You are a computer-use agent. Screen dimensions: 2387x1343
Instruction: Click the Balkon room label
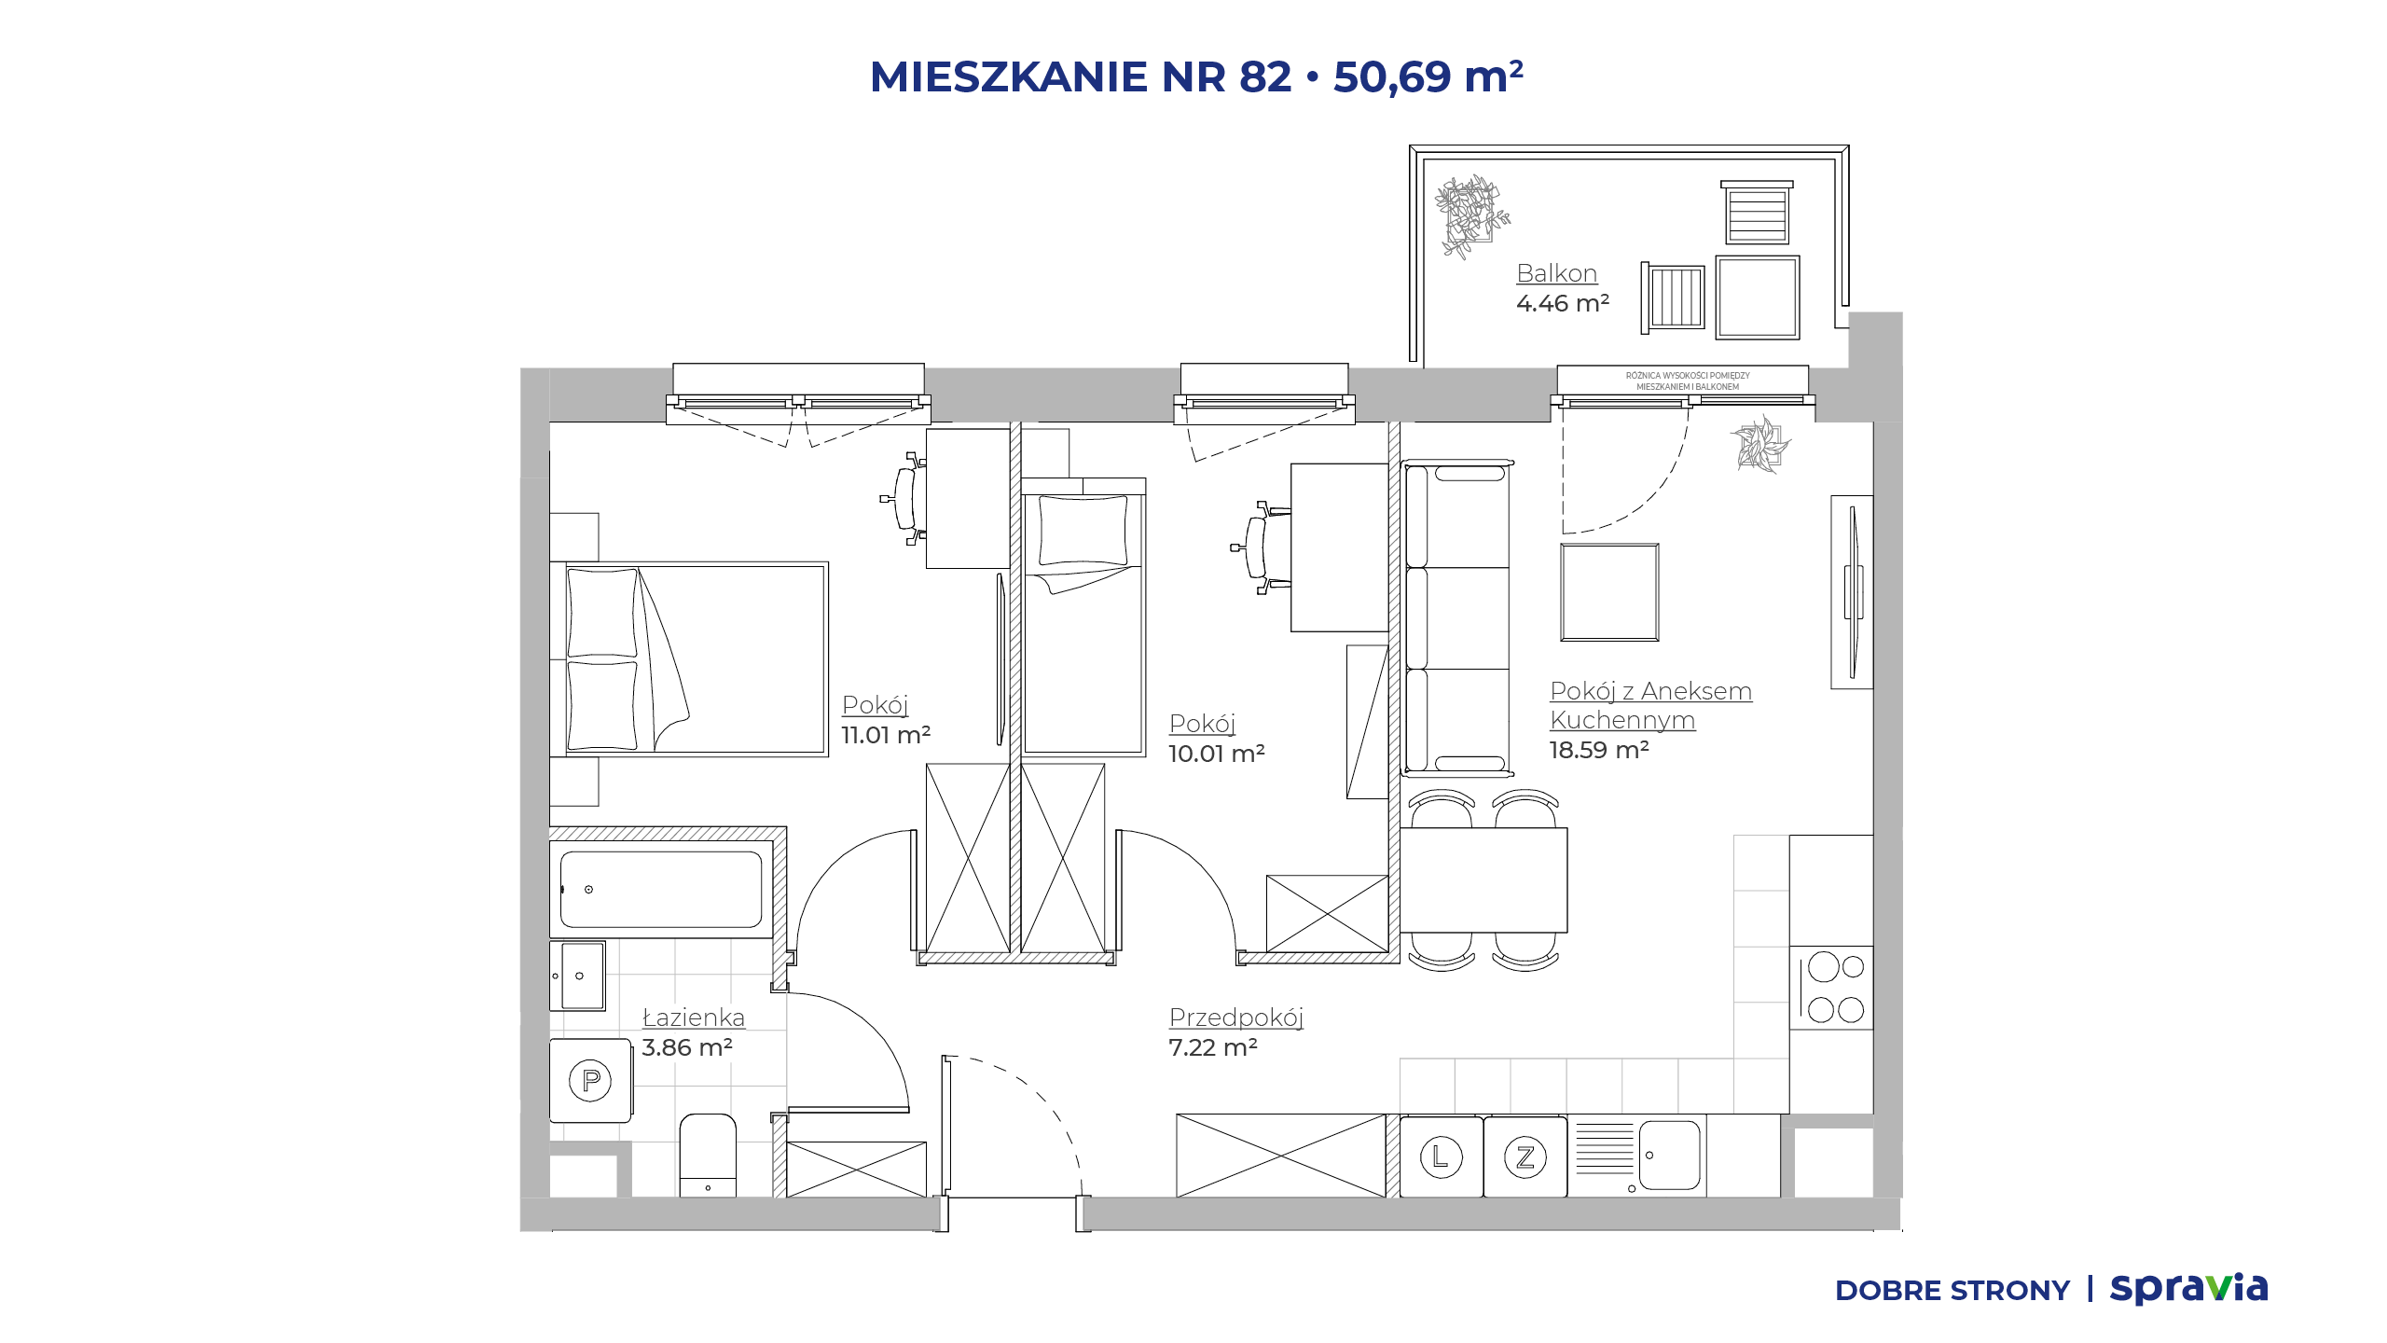pyautogui.click(x=1556, y=273)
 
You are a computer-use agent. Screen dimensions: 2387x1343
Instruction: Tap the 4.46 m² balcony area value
pyautogui.click(x=1563, y=303)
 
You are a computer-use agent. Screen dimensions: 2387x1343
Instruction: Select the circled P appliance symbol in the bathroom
pyautogui.click(x=590, y=1080)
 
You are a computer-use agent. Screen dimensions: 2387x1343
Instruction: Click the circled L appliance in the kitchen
pyautogui.click(x=1441, y=1157)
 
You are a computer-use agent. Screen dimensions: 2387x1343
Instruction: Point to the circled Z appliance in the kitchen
pyautogui.click(x=1525, y=1157)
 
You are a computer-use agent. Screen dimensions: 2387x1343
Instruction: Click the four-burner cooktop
pyautogui.click(x=1831, y=988)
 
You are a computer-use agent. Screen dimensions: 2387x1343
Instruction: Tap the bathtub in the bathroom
pyautogui.click(x=661, y=889)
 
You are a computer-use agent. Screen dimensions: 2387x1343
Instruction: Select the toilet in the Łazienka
pyautogui.click(x=708, y=1155)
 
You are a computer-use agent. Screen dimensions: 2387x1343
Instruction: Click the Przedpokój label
pyautogui.click(x=1235, y=1018)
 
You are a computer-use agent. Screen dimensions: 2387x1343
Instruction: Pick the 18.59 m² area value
pyautogui.click(x=1599, y=750)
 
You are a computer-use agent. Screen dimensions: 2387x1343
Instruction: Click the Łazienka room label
pyautogui.click(x=694, y=1018)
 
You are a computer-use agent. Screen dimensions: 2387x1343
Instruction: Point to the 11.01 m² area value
pyautogui.click(x=886, y=735)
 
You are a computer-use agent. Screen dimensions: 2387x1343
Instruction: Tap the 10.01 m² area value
pyautogui.click(x=1217, y=754)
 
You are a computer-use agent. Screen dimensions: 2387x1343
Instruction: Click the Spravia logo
pyautogui.click(x=2188, y=1288)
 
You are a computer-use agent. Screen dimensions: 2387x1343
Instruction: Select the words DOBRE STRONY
pyautogui.click(x=1952, y=1291)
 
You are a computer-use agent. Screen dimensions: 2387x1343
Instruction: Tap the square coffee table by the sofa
pyautogui.click(x=1609, y=592)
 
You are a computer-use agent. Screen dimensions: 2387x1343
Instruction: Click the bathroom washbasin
pyautogui.click(x=578, y=976)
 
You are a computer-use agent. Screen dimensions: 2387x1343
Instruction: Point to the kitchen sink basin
pyautogui.click(x=1669, y=1156)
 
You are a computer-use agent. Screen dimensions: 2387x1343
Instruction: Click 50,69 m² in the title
pyautogui.click(x=1428, y=76)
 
